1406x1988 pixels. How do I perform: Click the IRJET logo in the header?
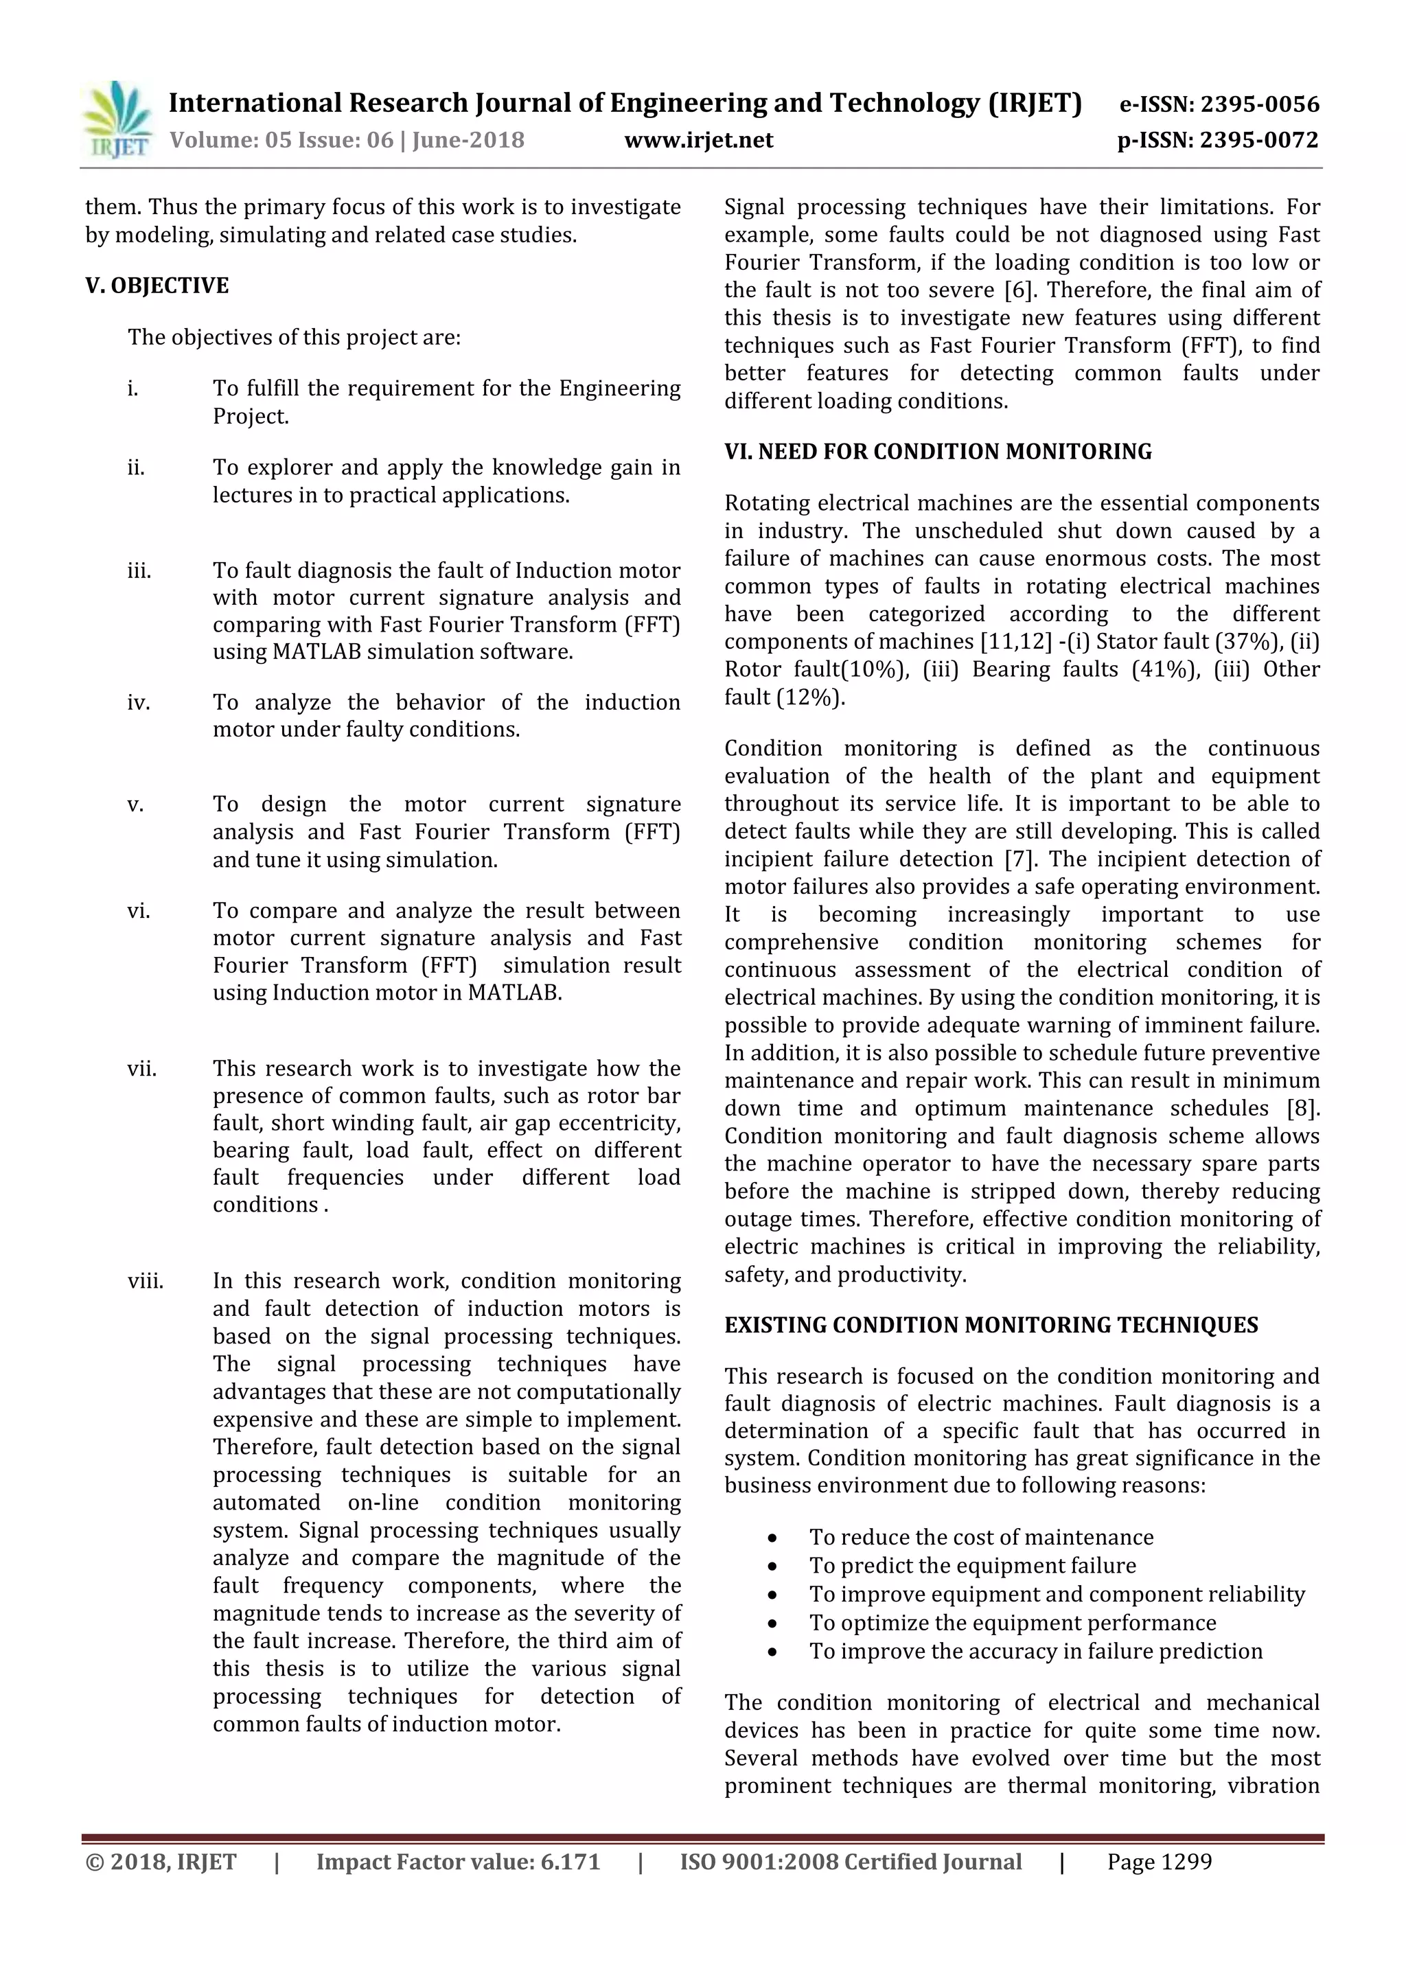click(x=117, y=120)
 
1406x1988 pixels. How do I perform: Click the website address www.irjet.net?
click(x=699, y=140)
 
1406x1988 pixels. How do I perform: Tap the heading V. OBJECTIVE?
click(x=157, y=286)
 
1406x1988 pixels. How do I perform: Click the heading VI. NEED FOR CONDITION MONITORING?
click(x=938, y=452)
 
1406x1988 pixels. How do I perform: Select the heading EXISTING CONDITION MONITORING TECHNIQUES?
click(x=991, y=1326)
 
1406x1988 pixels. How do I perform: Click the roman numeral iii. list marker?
click(x=139, y=571)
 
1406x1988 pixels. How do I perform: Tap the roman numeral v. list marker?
click(x=135, y=805)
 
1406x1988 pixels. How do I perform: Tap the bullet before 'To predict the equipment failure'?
click(x=772, y=1567)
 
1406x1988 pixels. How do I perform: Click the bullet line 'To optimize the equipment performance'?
click(x=1012, y=1623)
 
